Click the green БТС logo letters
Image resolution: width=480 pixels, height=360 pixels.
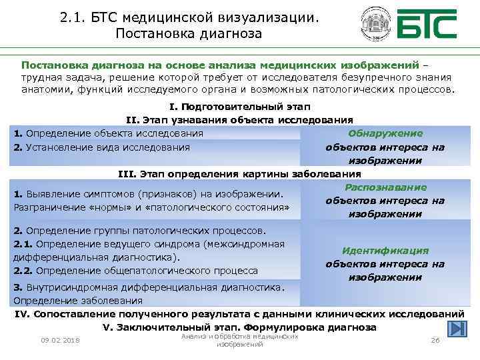[x=427, y=25]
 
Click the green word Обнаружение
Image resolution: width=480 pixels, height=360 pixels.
[x=385, y=133]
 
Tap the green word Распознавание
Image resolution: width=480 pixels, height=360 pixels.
[x=386, y=187]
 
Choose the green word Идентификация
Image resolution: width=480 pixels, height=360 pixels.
[x=385, y=251]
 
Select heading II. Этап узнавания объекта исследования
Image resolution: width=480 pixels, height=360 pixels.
[x=240, y=120]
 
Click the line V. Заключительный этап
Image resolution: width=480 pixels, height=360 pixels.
[x=240, y=327]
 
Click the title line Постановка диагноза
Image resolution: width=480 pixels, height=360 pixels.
[x=189, y=33]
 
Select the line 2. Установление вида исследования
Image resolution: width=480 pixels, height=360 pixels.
[x=101, y=147]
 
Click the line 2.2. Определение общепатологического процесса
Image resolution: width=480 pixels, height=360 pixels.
[x=135, y=271]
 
